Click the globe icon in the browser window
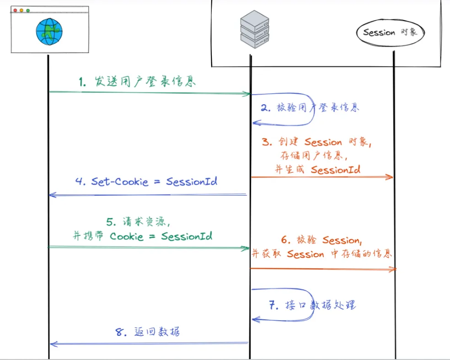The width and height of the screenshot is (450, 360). click(x=49, y=32)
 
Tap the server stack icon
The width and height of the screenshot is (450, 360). click(x=254, y=30)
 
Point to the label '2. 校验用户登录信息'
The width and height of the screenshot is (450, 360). click(x=310, y=108)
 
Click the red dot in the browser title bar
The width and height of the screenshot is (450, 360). click(x=15, y=10)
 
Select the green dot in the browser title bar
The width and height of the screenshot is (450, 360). click(x=28, y=10)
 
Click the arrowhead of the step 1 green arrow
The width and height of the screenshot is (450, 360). click(x=247, y=94)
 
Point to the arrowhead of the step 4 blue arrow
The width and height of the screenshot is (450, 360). click(x=52, y=195)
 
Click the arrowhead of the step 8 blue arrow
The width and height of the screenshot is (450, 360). click(x=52, y=344)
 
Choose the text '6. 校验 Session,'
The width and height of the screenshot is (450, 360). click(x=321, y=240)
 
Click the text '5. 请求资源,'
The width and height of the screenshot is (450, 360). click(x=139, y=222)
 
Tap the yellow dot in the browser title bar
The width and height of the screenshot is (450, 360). click(x=21, y=10)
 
